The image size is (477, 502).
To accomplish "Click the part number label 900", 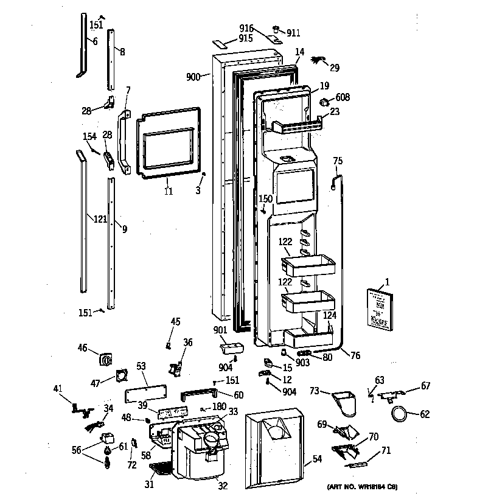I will pos(193,77).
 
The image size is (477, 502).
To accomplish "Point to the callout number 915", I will pos(246,38).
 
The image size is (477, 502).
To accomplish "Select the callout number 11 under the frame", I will pos(168,191).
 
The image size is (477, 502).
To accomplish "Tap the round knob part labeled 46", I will pos(107,359).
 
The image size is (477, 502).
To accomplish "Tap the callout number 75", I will pos(338,161).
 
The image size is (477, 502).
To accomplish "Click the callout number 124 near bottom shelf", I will pos(329,316).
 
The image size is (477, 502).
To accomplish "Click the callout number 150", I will pos(265,198).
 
